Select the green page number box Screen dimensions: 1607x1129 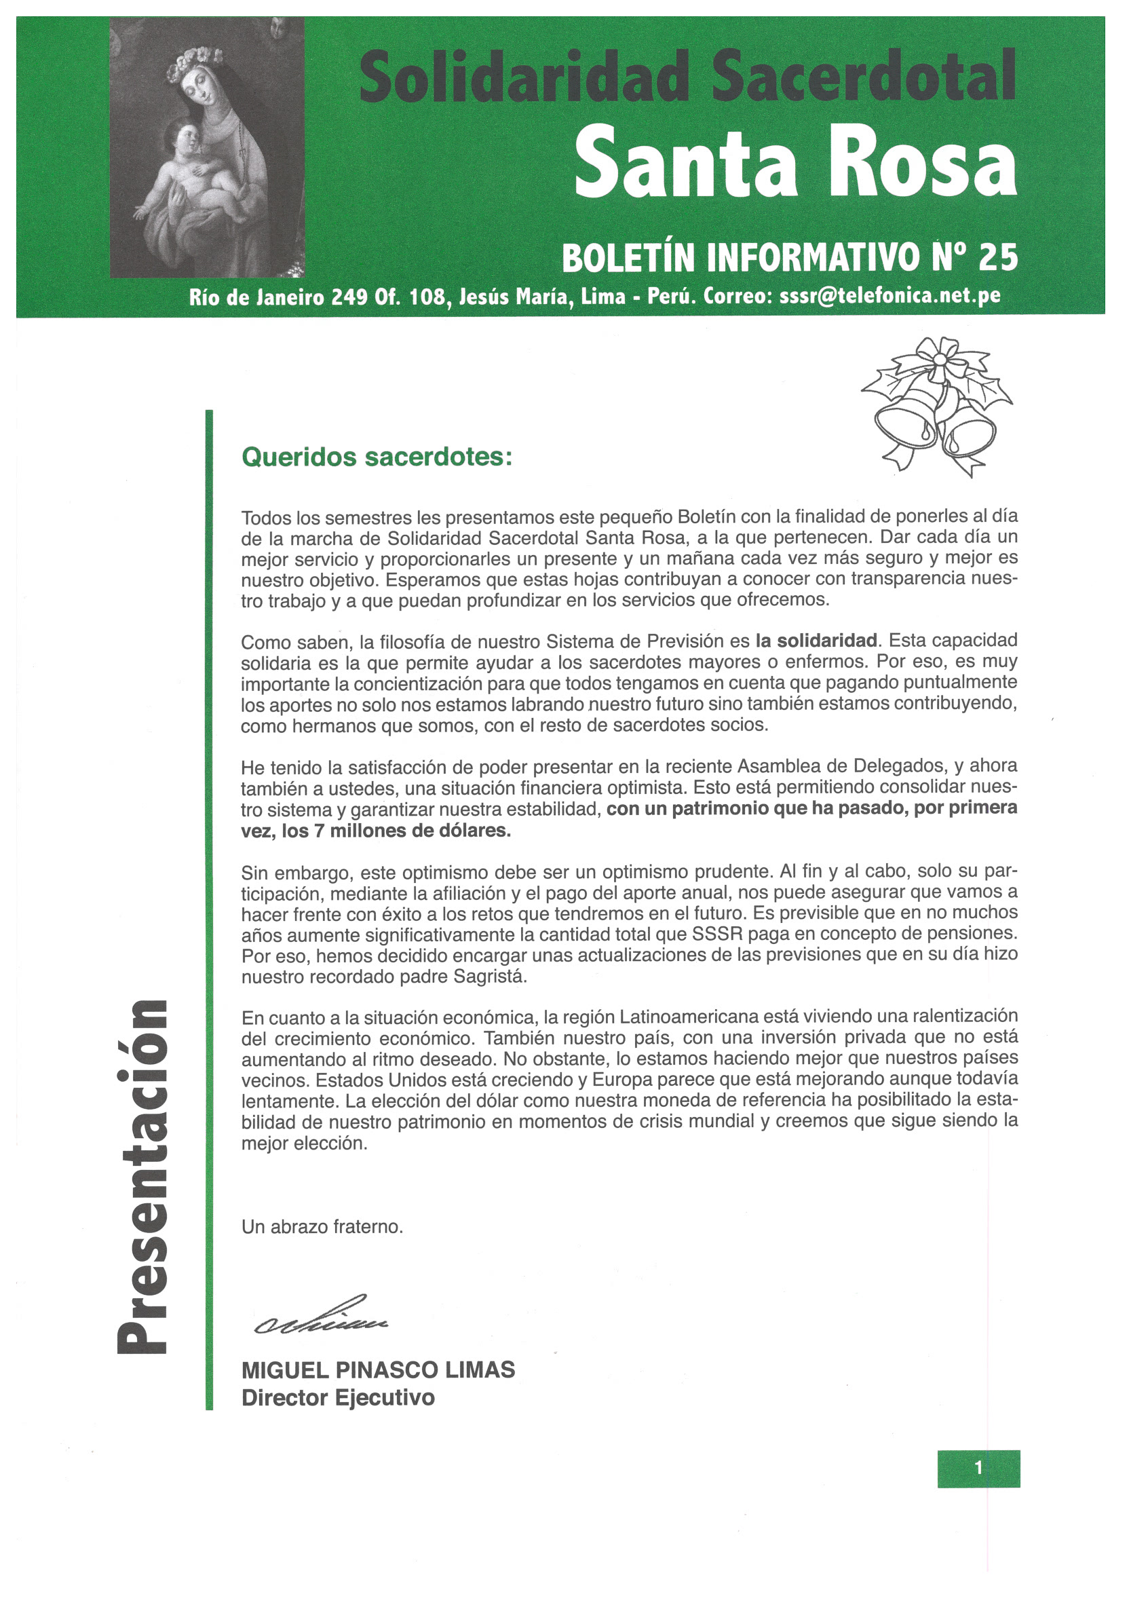click(978, 1467)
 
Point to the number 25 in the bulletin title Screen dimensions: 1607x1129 click(997, 258)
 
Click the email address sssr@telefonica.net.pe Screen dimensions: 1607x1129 click(889, 297)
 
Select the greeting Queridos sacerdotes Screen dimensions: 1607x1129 click(377, 457)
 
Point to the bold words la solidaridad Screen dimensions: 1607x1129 click(816, 641)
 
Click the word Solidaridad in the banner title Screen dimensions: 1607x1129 click(524, 75)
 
